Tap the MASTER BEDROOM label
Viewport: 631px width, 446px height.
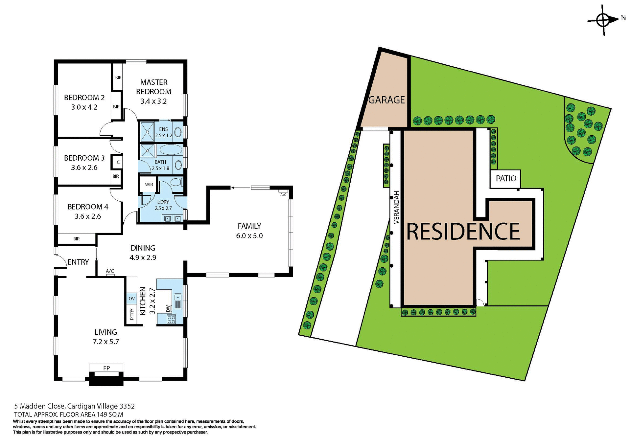[154, 87]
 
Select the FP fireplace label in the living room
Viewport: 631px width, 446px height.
[106, 368]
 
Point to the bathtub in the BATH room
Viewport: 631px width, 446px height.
[171, 150]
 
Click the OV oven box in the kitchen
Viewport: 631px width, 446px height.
[132, 299]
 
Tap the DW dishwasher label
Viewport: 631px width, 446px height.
[168, 308]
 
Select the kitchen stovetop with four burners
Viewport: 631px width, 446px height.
[171, 319]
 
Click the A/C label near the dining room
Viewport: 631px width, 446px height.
[110, 271]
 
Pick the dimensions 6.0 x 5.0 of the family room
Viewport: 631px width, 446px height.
[249, 236]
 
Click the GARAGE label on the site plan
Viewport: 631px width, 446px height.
[386, 100]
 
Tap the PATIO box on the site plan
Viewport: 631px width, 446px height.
[506, 179]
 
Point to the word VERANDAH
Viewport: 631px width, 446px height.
[396, 207]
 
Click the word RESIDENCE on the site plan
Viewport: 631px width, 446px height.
[463, 232]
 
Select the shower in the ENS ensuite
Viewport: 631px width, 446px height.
[148, 132]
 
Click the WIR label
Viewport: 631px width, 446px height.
[149, 185]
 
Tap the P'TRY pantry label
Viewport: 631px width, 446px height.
[132, 314]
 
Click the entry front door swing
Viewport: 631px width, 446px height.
[61, 261]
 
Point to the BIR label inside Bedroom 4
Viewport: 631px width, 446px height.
[77, 239]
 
